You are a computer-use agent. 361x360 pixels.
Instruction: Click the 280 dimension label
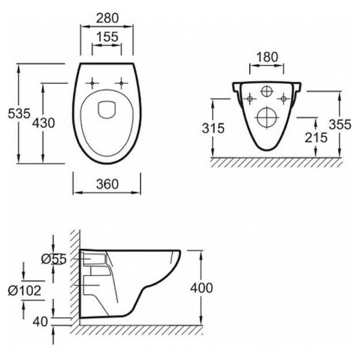point(107,18)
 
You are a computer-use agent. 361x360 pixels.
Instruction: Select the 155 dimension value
point(107,37)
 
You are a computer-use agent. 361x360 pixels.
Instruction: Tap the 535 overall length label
point(19,113)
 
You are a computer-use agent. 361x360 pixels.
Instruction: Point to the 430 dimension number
point(43,123)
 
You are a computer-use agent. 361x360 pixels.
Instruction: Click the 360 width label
point(108,184)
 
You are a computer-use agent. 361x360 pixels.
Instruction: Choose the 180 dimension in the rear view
point(267,57)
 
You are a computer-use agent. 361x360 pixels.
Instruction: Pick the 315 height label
point(213,128)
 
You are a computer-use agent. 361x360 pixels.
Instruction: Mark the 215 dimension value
point(316,137)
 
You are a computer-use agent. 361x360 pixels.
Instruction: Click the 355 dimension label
point(340,125)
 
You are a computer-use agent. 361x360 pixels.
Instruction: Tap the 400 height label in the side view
point(201,288)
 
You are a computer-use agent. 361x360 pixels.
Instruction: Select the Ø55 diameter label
point(54,259)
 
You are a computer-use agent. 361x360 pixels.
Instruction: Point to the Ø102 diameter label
point(25,290)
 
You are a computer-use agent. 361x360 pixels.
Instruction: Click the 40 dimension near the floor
point(40,322)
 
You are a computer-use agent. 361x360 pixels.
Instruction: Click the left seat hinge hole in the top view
point(92,83)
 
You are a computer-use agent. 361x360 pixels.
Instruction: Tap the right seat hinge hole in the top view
point(121,83)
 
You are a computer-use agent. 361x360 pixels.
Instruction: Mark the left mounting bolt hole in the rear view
point(250,99)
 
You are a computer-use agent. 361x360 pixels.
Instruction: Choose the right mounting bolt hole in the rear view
point(284,99)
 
